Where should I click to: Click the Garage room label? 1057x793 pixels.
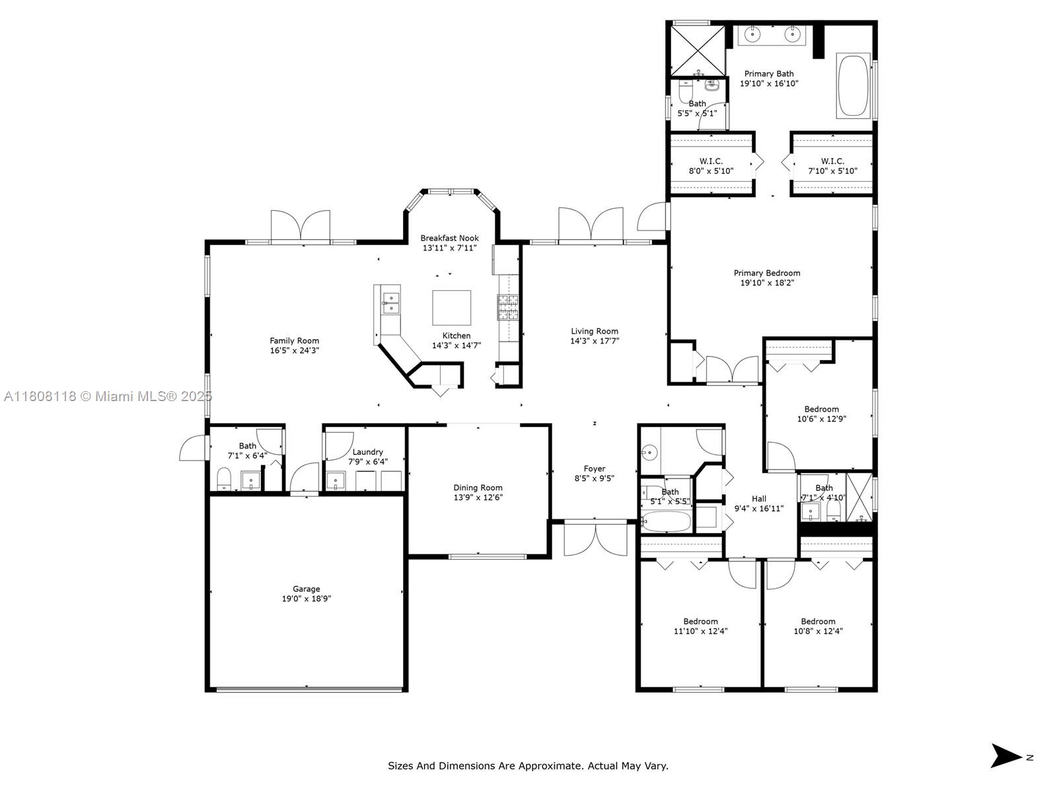307,589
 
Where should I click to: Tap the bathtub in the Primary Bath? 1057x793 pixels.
854,85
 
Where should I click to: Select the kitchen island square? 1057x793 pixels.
451,308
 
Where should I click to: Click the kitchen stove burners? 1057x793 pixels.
508,307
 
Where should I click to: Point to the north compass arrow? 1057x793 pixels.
1005,755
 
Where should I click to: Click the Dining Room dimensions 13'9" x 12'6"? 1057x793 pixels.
478,498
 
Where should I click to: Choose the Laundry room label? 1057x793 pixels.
367,452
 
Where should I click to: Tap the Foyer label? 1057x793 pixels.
594,469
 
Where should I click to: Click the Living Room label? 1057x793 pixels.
595,331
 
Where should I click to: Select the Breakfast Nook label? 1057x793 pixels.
450,238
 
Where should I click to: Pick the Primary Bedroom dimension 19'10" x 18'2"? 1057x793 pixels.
767,283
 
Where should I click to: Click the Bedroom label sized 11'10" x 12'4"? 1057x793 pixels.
701,622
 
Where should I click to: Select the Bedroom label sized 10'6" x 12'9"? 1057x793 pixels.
822,409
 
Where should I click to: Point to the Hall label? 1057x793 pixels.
759,499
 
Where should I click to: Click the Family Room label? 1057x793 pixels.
294,341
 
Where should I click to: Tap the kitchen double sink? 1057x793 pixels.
390,303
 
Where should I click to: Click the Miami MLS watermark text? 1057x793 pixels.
108,397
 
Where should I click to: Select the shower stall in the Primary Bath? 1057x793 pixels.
698,51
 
